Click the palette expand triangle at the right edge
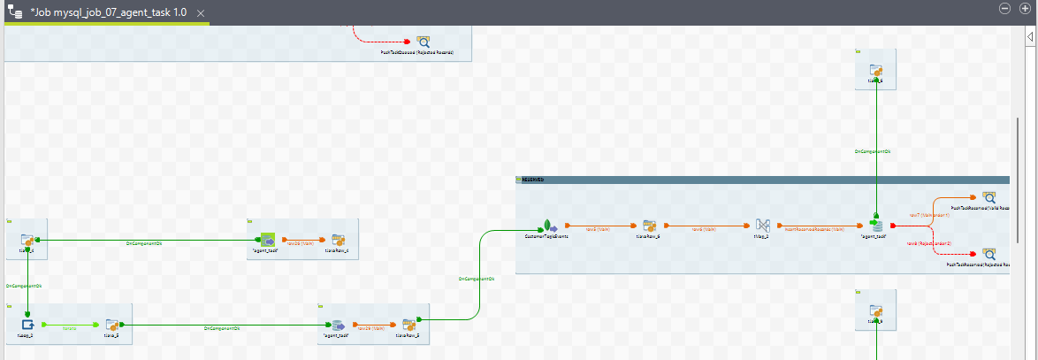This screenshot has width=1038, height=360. (x=1030, y=37)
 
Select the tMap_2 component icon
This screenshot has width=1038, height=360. (x=763, y=226)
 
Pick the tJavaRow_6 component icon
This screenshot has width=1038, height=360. (x=649, y=226)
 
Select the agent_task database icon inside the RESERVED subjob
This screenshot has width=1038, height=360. (x=875, y=225)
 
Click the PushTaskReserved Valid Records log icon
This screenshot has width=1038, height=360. (x=989, y=198)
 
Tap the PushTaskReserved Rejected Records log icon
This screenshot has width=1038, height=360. (x=989, y=253)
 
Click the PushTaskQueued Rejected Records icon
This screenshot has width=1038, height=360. (x=424, y=41)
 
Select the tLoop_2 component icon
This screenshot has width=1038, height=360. (x=27, y=325)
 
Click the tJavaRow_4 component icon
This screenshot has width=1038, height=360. (x=338, y=240)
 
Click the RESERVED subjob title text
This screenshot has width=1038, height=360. (x=533, y=180)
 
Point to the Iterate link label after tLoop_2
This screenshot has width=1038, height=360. (x=69, y=327)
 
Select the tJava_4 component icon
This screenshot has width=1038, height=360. (x=27, y=240)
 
